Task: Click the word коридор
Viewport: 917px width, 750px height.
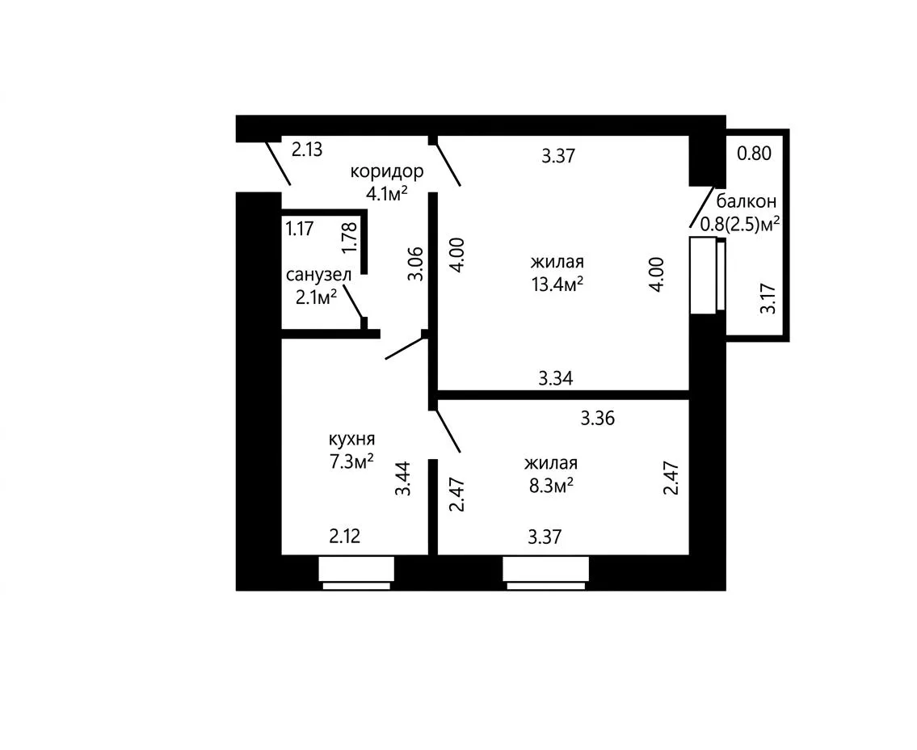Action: pos(386,172)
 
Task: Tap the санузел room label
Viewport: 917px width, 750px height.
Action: pos(318,275)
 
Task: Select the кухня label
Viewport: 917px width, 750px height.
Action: pos(351,440)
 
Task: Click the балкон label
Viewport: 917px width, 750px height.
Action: pos(747,201)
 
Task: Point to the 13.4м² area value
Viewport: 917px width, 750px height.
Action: pos(557,284)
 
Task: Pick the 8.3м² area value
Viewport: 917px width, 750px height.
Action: pos(551,486)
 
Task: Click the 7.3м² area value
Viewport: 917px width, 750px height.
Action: pos(351,462)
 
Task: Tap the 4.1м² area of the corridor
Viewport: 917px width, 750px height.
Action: pos(386,193)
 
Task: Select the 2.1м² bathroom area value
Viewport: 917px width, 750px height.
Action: pos(317,297)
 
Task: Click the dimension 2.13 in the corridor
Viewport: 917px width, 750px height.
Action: pos(307,150)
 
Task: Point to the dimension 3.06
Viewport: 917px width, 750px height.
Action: pos(415,264)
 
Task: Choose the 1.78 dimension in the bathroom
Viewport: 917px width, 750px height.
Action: pos(350,238)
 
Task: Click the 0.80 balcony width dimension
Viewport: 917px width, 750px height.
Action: pos(755,154)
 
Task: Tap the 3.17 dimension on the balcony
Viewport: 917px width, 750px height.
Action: pos(768,298)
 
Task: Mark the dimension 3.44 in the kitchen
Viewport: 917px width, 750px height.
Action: pos(403,479)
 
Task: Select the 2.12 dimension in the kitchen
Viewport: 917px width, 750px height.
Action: pos(345,536)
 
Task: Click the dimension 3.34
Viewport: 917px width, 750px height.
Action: pos(556,378)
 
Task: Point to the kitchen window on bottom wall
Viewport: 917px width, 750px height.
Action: pos(356,573)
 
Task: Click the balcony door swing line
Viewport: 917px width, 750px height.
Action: pos(701,208)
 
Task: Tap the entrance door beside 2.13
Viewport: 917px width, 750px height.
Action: pos(279,162)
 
